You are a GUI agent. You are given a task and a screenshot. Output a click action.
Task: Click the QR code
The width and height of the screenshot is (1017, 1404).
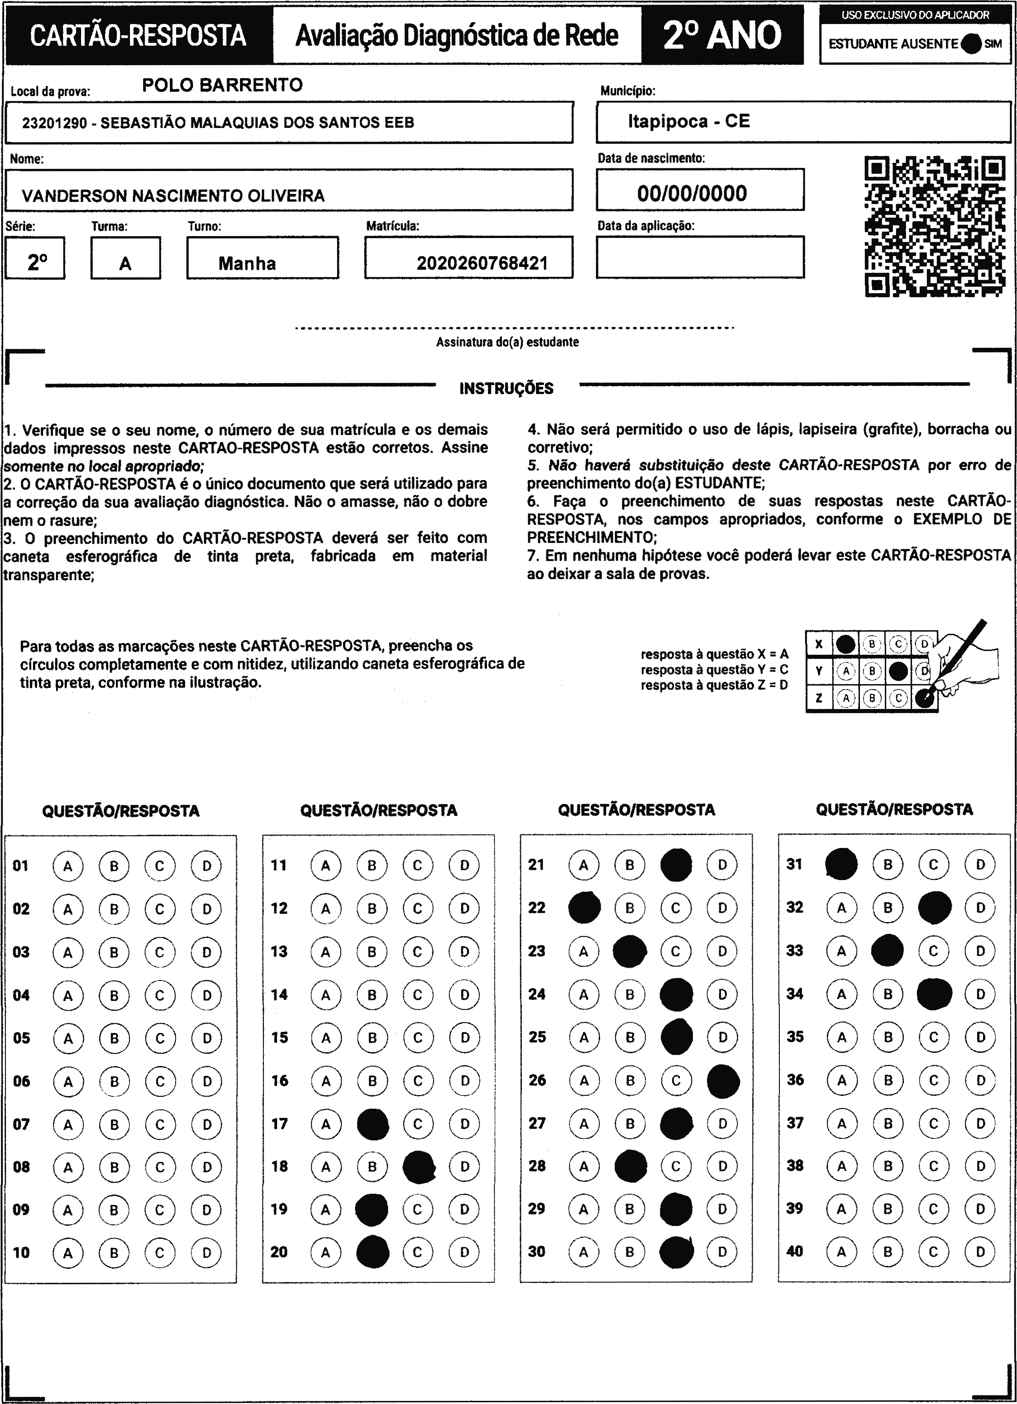point(934,227)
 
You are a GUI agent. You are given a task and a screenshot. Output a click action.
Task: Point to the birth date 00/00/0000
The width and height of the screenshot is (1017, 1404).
point(692,193)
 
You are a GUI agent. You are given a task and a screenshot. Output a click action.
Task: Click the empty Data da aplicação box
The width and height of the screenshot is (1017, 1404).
point(700,257)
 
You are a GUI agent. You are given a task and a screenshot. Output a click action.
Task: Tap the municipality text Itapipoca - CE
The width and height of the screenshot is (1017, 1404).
point(689,121)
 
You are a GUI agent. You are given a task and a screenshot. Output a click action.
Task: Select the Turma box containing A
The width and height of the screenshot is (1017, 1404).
point(126,258)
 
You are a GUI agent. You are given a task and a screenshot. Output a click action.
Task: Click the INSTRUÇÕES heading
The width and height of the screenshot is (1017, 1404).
point(506,388)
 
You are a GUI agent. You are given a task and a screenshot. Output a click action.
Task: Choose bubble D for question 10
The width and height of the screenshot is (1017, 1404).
point(206,1252)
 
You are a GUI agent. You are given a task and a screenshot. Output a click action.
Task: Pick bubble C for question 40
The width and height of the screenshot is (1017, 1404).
point(933,1252)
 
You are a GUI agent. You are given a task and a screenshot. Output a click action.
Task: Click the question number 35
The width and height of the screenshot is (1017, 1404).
point(795,1037)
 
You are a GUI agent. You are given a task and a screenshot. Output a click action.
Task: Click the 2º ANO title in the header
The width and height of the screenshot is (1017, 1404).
point(722,35)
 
